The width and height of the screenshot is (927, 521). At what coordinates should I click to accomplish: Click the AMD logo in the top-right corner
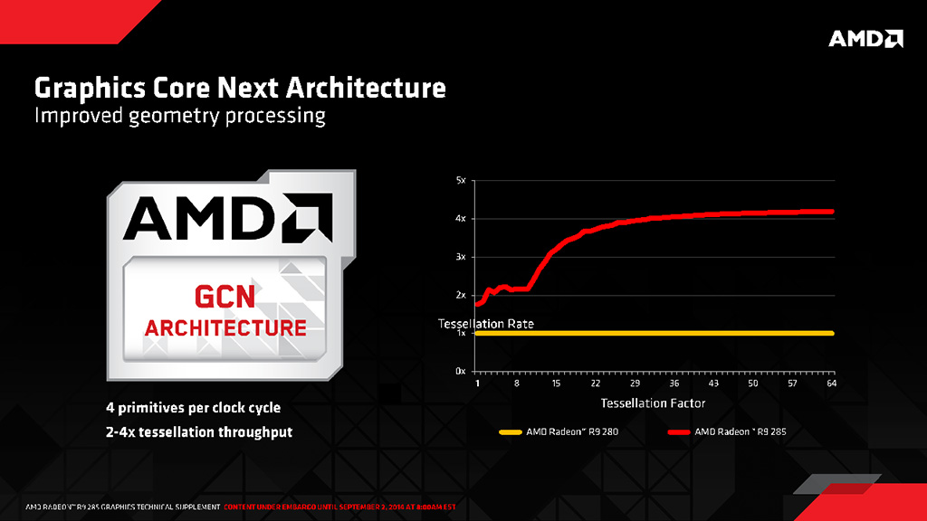coord(865,38)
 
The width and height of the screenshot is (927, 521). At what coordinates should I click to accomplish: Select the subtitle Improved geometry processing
coord(179,117)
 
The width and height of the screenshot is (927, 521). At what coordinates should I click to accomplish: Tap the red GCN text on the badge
coord(225,297)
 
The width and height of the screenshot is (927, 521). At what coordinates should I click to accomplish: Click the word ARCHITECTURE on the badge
coord(225,327)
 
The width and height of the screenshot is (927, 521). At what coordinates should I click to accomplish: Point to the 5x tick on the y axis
coord(460,181)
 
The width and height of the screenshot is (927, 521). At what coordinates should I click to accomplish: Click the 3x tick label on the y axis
coord(460,257)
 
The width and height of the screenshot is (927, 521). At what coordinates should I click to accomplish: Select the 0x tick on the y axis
coord(460,372)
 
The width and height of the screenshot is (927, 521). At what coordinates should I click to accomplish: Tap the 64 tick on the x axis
coord(831,384)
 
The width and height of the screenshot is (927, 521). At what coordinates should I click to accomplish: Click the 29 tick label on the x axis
coord(636,384)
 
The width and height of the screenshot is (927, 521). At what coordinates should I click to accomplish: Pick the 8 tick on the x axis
coord(517,384)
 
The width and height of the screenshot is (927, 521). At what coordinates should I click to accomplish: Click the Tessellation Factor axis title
coord(653,403)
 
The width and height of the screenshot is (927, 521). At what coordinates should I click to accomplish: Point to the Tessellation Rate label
coord(485,323)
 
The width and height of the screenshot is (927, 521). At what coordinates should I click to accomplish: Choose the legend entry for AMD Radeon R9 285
coord(740,432)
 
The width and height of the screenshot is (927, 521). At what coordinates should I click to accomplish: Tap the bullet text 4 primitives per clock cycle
coord(192,407)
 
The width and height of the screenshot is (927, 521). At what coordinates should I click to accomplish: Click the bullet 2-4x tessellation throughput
coord(198,432)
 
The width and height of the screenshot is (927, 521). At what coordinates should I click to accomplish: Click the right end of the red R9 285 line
coord(831,212)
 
